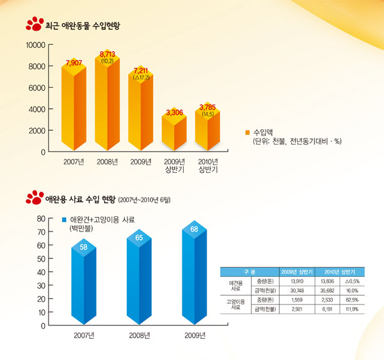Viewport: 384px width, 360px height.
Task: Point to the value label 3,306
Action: tap(174, 113)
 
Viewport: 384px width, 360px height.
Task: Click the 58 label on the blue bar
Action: tap(84, 246)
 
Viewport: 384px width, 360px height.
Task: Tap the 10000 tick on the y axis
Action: tap(35, 45)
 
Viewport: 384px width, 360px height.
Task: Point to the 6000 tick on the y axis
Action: tap(37, 88)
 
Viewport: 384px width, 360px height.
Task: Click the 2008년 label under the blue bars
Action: tap(140, 335)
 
